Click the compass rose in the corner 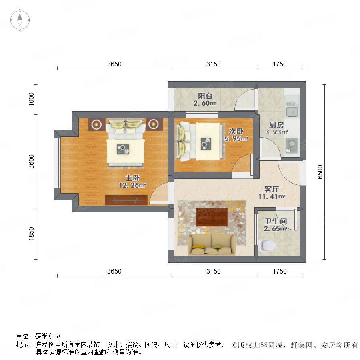tap(20, 20)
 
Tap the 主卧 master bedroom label tap(132, 178)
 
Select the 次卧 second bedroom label tap(236, 131)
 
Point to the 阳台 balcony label tap(205, 96)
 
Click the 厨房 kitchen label tap(276, 125)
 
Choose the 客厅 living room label tap(272, 189)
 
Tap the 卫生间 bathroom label tap(276, 222)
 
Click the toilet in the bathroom tap(267, 246)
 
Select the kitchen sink tap(292, 109)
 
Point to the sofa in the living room tap(212, 245)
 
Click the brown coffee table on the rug tap(212, 217)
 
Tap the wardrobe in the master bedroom tap(126, 200)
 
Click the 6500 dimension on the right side tap(320, 172)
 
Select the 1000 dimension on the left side tap(31, 99)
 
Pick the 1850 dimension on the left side tap(31, 234)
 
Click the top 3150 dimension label tap(214, 64)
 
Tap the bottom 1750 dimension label tap(280, 271)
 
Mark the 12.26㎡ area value tap(132, 185)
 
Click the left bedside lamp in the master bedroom tap(96, 124)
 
